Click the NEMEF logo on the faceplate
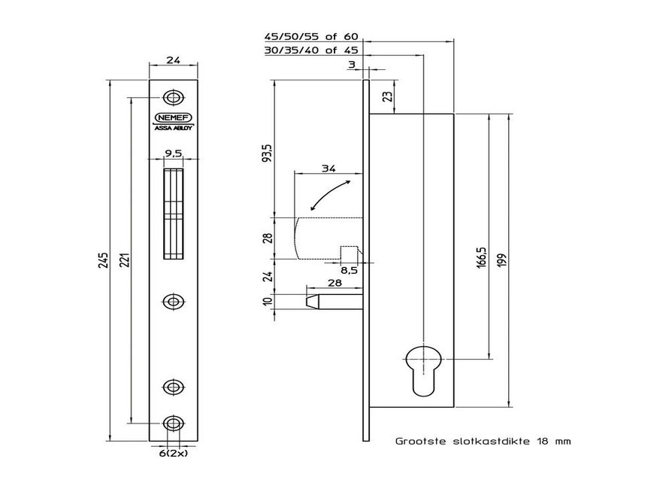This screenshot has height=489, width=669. (x=174, y=118)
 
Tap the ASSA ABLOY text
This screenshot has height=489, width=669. (x=174, y=128)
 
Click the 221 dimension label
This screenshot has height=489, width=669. (x=125, y=260)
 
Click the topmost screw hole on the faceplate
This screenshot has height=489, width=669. (x=174, y=98)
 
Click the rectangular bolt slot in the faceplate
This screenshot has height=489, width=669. (x=174, y=214)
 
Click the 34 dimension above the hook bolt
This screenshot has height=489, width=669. (x=328, y=169)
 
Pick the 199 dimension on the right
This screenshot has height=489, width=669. (x=500, y=260)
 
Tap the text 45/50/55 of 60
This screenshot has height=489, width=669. (x=312, y=36)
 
